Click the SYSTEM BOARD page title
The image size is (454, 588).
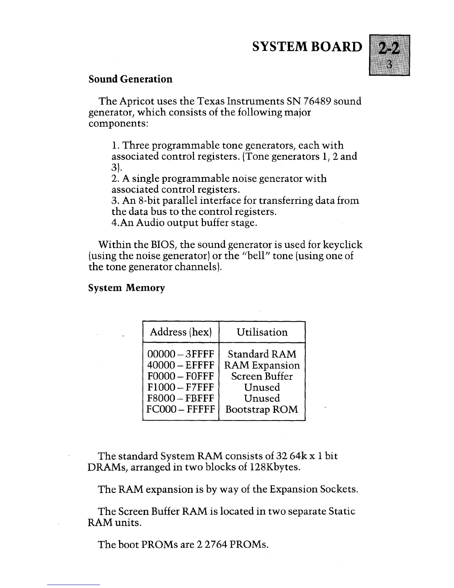coord(306,46)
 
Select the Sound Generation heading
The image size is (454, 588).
coord(131,79)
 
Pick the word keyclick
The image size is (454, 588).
coord(343,245)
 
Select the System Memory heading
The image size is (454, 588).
coord(126,288)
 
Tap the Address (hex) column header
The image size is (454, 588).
coord(181,332)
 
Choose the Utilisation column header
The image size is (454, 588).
coord(262,332)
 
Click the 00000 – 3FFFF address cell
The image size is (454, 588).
coord(181,354)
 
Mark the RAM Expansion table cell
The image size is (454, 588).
coord(262,365)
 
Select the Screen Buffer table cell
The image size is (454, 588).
coord(262,376)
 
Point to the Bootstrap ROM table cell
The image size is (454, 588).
coord(262,409)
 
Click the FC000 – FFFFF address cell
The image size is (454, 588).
coord(181,409)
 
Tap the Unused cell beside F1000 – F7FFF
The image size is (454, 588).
coord(262,387)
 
